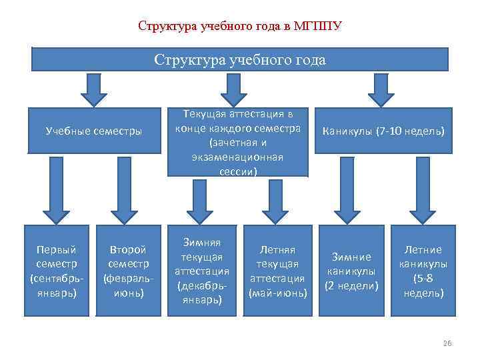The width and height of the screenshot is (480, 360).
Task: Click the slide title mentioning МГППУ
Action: (x=239, y=27)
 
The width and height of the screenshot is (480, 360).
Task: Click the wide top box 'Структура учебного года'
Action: (x=240, y=59)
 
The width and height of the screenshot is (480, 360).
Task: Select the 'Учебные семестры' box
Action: (x=93, y=131)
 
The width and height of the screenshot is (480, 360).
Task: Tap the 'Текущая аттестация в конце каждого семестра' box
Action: (x=237, y=141)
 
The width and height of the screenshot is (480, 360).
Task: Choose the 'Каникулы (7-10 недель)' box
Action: (x=383, y=131)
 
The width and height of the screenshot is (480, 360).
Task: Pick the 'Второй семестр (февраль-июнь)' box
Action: (x=127, y=271)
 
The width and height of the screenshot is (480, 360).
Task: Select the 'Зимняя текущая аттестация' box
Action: (x=202, y=271)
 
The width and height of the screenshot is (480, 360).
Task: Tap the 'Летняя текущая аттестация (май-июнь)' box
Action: (x=277, y=271)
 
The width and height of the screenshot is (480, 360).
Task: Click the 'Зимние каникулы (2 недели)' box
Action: (x=351, y=271)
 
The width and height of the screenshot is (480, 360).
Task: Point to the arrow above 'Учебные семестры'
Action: (x=93, y=89)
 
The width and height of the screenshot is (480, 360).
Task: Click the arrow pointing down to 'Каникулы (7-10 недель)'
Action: (x=381, y=89)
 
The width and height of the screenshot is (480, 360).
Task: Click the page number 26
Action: (x=447, y=343)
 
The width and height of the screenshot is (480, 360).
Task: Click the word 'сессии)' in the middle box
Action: (x=237, y=171)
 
